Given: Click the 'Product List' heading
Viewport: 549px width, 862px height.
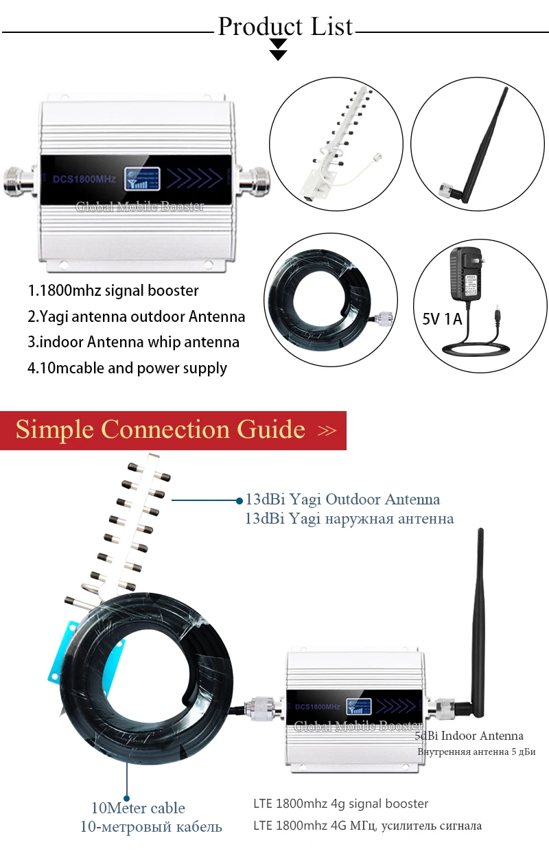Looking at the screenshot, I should (x=285, y=27).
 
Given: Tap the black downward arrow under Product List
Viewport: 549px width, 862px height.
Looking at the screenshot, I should (x=278, y=50).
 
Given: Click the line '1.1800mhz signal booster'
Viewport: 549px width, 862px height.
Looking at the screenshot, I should (x=113, y=290).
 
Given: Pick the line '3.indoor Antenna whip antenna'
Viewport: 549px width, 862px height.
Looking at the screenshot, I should (x=133, y=342).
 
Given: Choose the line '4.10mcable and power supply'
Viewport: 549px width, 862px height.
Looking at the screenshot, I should (x=127, y=368).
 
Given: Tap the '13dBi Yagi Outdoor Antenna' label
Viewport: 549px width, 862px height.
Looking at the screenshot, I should (x=342, y=500).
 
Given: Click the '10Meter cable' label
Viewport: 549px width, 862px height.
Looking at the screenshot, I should (x=139, y=808).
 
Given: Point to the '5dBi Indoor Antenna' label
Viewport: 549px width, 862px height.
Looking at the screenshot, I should (x=469, y=736).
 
